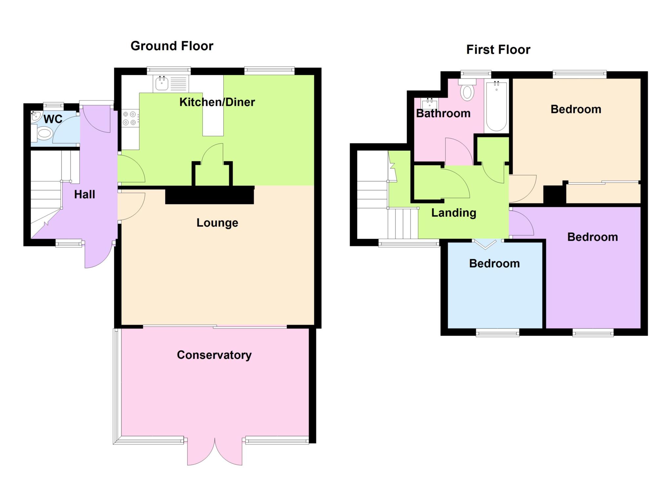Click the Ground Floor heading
(172, 46)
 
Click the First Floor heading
(498, 50)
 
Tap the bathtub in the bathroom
(496, 106)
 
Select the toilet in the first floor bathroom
(467, 89)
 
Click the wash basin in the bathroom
(430, 104)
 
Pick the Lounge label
(217, 223)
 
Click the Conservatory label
(214, 355)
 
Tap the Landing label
(453, 213)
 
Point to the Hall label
(84, 194)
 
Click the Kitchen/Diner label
(217, 102)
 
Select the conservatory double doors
(215, 452)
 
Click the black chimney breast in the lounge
(210, 195)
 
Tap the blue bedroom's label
(494, 263)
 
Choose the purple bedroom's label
(593, 237)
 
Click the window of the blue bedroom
(497, 333)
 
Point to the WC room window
(53, 106)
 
